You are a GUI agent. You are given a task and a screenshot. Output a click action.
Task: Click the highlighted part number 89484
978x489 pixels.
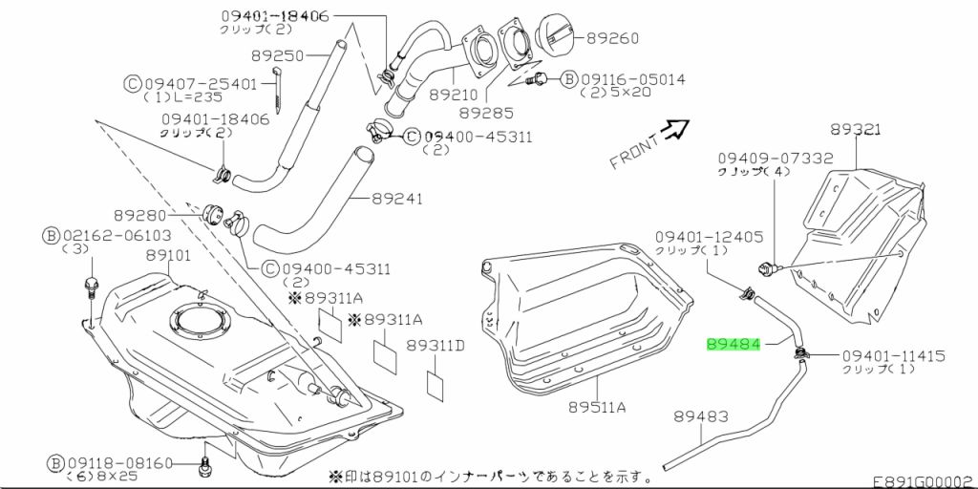[x=733, y=343]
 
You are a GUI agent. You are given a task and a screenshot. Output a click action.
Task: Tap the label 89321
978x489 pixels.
[x=855, y=130]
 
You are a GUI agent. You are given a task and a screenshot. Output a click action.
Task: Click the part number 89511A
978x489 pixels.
[x=596, y=408]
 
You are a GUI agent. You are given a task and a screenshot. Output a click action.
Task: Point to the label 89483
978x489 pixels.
[x=701, y=416]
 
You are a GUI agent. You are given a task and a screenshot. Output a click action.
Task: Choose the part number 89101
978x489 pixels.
[x=168, y=256]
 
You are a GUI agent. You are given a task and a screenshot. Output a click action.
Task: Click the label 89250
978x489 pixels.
[x=277, y=56]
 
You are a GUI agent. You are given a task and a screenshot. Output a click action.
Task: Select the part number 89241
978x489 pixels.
[x=397, y=200]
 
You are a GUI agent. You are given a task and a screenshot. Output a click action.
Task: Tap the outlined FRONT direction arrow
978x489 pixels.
[x=676, y=129]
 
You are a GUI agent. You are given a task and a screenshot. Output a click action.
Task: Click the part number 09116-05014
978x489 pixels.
[x=636, y=79]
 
